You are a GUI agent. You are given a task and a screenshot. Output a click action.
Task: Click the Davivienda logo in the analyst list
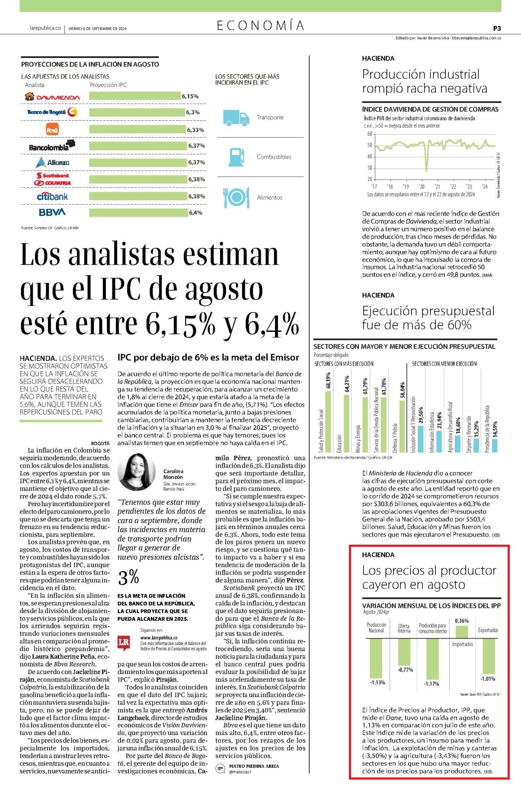tap(52, 97)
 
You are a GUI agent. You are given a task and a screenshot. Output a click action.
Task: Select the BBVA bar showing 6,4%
tap(138, 212)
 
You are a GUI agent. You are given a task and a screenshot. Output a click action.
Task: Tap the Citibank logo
tap(52, 196)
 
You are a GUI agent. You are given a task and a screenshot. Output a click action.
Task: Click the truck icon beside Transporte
tap(236, 118)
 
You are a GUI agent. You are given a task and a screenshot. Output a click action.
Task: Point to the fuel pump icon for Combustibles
tap(236, 157)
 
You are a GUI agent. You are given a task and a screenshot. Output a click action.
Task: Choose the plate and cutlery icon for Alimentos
tap(236, 197)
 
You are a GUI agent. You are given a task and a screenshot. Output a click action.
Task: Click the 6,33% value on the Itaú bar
tap(195, 130)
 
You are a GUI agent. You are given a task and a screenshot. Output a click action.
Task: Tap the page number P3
tap(497, 28)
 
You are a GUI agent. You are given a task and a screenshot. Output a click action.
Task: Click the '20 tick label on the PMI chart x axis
tap(422, 186)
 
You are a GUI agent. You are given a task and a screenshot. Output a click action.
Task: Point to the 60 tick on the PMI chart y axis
tap(370, 134)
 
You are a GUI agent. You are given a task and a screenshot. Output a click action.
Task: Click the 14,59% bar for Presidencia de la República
tap(495, 446)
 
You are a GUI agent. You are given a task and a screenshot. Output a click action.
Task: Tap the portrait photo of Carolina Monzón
tap(137, 472)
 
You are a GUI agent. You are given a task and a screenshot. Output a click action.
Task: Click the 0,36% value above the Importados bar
tap(462, 621)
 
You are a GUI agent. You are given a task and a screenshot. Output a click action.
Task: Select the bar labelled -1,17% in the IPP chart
tap(432, 659)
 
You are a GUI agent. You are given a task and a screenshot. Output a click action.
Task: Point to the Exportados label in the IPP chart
tap(488, 630)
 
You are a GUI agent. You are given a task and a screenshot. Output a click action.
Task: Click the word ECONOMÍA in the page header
tap(261, 26)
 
